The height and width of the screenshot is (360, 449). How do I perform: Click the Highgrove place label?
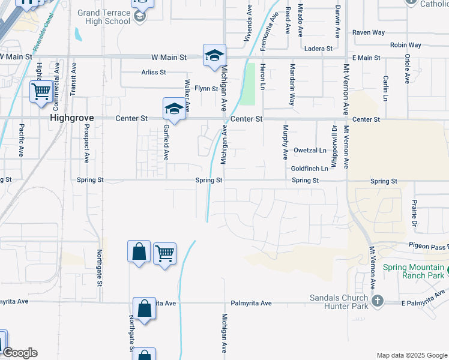[x=73, y=119]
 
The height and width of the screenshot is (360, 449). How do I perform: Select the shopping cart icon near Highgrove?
[x=41, y=92]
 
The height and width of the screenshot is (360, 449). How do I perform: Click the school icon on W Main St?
[x=214, y=56]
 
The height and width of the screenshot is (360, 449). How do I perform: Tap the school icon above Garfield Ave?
[x=174, y=109]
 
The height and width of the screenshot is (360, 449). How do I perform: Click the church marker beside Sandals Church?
[x=378, y=301]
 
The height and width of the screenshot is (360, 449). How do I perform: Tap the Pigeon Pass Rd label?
[x=429, y=245]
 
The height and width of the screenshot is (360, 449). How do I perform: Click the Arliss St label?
[x=154, y=72]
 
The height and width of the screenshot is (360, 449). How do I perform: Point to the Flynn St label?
[x=206, y=88]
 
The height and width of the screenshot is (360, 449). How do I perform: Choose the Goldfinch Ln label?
[x=310, y=169]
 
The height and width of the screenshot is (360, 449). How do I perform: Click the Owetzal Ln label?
[x=310, y=150]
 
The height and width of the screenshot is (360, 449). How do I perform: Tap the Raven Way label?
[x=368, y=32]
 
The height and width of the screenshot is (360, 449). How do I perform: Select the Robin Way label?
[x=405, y=45]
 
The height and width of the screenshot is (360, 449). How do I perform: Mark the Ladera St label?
[x=318, y=48]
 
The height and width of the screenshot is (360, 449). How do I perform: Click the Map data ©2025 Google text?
[x=411, y=355]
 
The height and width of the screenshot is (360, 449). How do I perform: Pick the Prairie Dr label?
[x=414, y=214]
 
